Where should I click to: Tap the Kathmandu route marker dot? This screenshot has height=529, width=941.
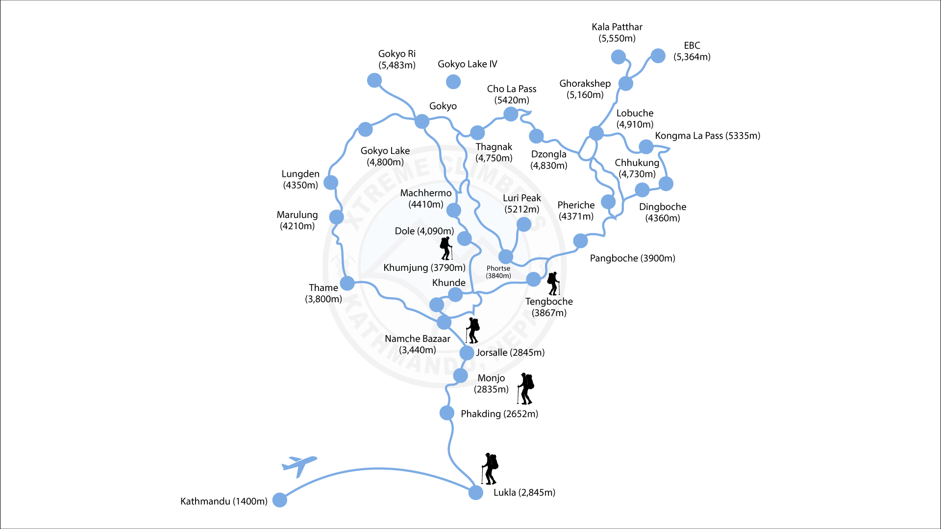tap(279, 500)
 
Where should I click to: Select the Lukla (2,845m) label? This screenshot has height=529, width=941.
tap(524, 492)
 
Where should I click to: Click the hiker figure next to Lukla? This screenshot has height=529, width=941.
tap(490, 469)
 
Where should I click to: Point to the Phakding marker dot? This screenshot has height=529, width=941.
tap(446, 413)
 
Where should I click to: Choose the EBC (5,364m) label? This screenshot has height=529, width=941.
tap(692, 51)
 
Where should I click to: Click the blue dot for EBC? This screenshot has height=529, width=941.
tap(658, 56)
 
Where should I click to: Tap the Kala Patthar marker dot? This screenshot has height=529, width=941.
tap(618, 57)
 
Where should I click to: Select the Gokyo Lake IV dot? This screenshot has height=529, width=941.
tap(453, 82)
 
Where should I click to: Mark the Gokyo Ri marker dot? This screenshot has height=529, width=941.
tap(374, 80)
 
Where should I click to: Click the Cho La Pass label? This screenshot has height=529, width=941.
tap(511, 95)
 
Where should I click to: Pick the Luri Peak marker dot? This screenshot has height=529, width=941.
tap(523, 224)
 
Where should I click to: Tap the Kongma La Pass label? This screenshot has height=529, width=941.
tap(707, 136)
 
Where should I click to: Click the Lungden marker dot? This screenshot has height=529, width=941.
tap(331, 183)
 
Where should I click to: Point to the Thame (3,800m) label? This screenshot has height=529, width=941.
tap(323, 293)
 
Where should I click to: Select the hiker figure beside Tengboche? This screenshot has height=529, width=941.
tap(553, 284)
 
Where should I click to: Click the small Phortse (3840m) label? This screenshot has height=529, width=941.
tap(498, 272)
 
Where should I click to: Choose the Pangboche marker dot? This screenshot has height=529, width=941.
tap(580, 240)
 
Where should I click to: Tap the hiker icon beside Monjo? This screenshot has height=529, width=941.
tap(525, 388)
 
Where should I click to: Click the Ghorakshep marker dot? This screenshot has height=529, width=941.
tap(625, 83)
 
